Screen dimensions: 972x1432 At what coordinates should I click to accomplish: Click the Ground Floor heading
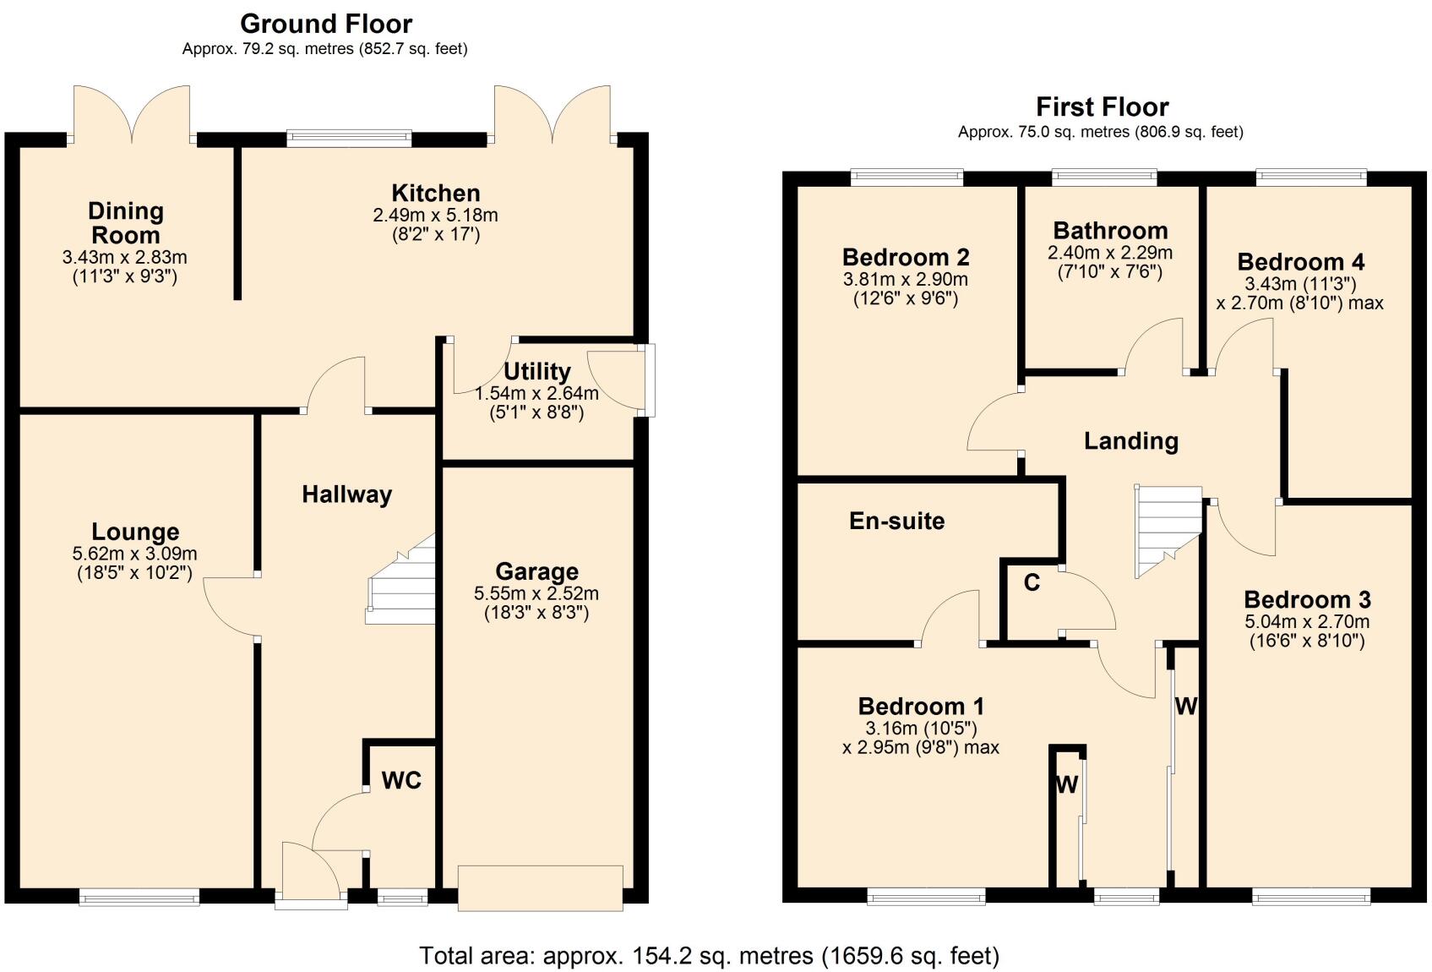click(x=325, y=24)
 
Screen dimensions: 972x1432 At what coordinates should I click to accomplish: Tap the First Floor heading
click(x=1102, y=107)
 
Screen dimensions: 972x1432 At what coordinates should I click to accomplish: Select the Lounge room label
click(x=135, y=532)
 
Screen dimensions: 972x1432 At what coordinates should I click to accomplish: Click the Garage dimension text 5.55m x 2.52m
click(x=536, y=593)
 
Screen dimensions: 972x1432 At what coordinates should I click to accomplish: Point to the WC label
click(x=401, y=780)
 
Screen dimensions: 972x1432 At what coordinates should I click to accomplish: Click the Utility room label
click(x=536, y=371)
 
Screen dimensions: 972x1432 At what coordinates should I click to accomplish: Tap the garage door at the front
click(x=540, y=887)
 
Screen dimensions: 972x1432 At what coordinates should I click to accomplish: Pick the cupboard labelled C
click(x=1032, y=582)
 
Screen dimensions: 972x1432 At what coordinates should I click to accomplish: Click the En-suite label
click(x=896, y=521)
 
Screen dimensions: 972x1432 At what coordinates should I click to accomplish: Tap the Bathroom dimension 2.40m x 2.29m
click(x=1109, y=253)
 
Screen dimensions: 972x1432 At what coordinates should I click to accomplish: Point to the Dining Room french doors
click(x=131, y=114)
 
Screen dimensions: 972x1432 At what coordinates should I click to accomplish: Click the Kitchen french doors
click(x=552, y=114)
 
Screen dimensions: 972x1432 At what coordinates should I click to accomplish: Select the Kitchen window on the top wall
click(x=349, y=138)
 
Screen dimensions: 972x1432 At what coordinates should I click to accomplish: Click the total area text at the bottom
click(x=709, y=956)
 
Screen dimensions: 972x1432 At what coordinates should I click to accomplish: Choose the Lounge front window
click(x=139, y=897)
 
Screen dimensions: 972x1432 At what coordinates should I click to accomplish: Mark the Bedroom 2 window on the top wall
click(x=907, y=177)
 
